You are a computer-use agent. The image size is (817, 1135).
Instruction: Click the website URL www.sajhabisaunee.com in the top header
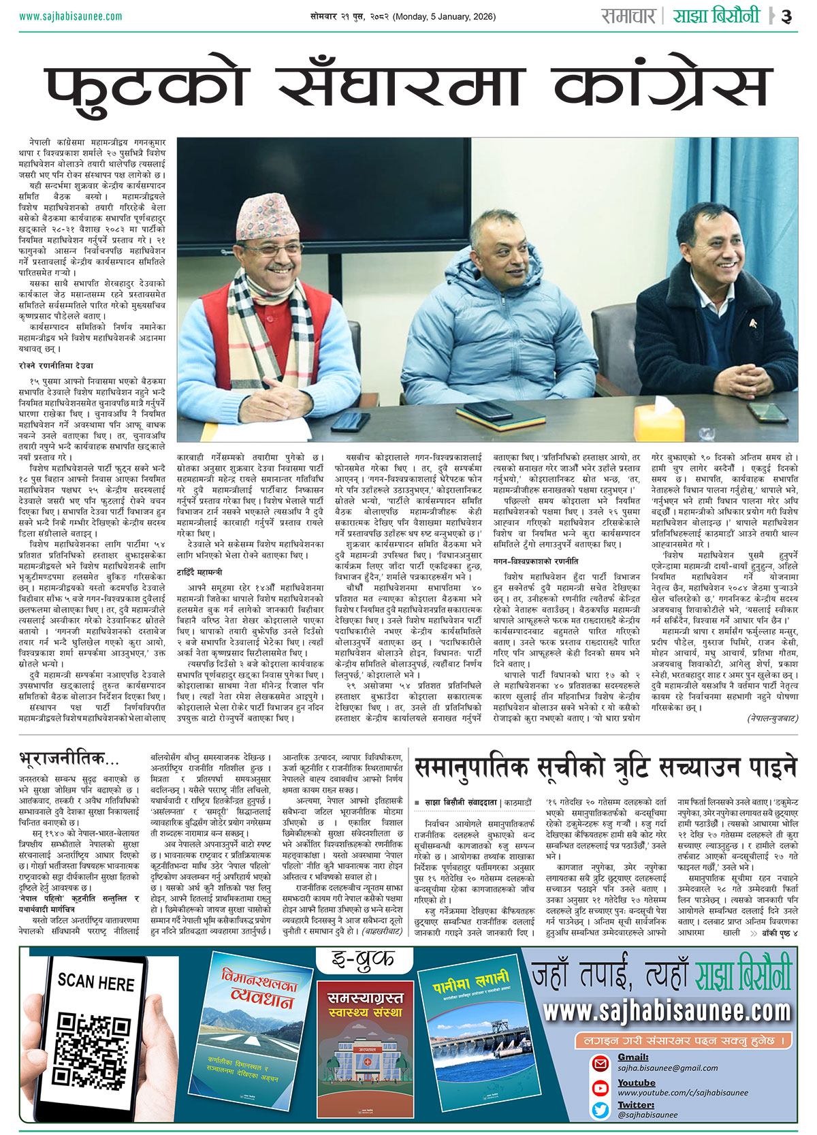pos(71,16)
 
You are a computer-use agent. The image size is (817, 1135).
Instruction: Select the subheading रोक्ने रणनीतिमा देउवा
pos(57,366)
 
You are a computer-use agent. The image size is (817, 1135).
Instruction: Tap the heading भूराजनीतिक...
pos(69,757)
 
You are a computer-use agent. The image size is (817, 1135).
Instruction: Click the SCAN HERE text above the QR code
pos(96,981)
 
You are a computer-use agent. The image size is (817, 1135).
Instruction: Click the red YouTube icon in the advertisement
pos(600,1087)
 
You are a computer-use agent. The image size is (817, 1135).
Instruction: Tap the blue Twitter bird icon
pos(600,1109)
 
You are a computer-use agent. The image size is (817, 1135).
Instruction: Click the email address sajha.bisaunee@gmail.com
pos(667,1068)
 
